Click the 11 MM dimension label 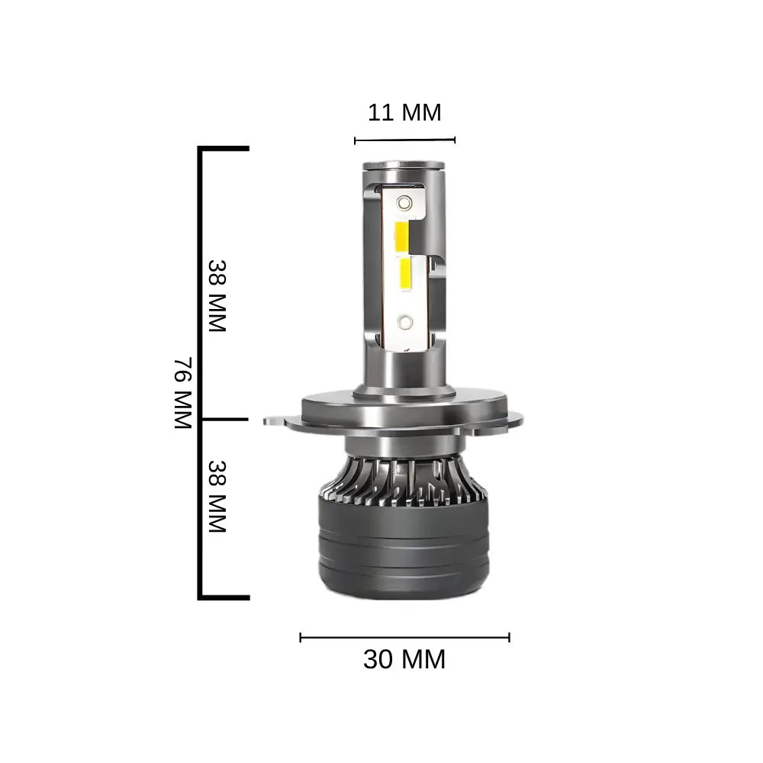click(x=404, y=113)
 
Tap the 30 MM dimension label click(x=404, y=659)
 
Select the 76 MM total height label click(x=182, y=392)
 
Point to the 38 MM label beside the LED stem click(x=217, y=296)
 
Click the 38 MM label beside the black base click(x=217, y=496)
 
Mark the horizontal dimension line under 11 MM click(x=404, y=140)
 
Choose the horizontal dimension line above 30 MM click(x=404, y=636)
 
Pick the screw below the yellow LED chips click(x=405, y=321)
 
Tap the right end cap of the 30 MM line click(x=509, y=636)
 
